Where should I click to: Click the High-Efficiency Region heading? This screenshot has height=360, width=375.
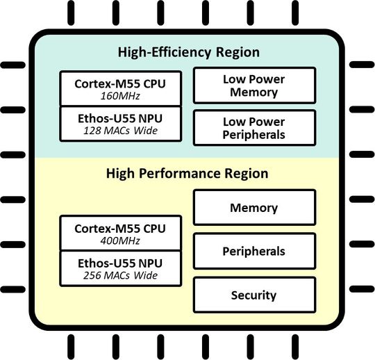click(x=187, y=52)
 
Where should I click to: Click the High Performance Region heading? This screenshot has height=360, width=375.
click(x=187, y=173)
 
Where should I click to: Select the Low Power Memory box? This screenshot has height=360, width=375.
click(x=253, y=86)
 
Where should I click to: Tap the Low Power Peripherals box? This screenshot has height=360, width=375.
click(x=253, y=127)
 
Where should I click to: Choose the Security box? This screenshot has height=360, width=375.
click(x=253, y=295)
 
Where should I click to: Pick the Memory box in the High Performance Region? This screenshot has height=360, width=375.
click(x=253, y=207)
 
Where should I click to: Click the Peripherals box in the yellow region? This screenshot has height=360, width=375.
click(x=253, y=251)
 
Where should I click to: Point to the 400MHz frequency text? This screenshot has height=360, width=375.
click(x=120, y=240)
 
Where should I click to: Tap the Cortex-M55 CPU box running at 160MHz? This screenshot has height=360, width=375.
click(x=121, y=89)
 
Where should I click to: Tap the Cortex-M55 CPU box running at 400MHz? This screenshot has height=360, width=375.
click(x=121, y=234)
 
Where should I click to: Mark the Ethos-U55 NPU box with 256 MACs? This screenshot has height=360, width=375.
click(x=121, y=270)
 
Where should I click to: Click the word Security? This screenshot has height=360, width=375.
click(x=253, y=295)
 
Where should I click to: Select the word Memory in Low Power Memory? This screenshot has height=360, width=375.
click(x=254, y=92)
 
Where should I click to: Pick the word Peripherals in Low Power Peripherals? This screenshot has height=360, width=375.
click(x=254, y=134)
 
